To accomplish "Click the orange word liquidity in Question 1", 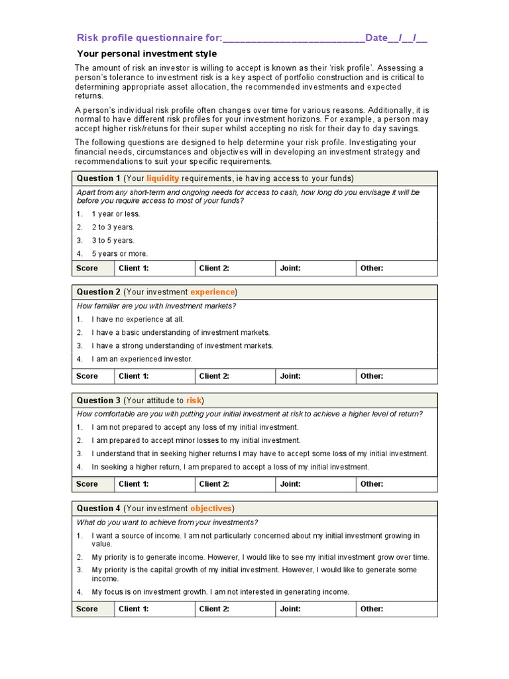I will click(x=162, y=178).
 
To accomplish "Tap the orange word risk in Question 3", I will click(x=194, y=401).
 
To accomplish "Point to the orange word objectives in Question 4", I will click(x=211, y=509).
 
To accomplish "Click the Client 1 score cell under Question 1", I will click(x=154, y=269).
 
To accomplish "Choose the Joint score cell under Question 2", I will click(x=315, y=376).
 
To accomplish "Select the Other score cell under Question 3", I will click(x=396, y=484).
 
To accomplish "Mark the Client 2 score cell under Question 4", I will click(x=235, y=609).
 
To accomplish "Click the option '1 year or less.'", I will click(x=116, y=214).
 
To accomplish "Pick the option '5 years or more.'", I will click(x=120, y=254).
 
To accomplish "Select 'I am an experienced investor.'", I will click(x=142, y=359).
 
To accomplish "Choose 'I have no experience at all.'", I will click(x=138, y=320).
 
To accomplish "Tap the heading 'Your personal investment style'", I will click(x=147, y=54).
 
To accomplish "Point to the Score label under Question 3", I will click(x=87, y=484).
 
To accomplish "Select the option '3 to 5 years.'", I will click(x=113, y=241).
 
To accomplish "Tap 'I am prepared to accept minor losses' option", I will click(x=196, y=440).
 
